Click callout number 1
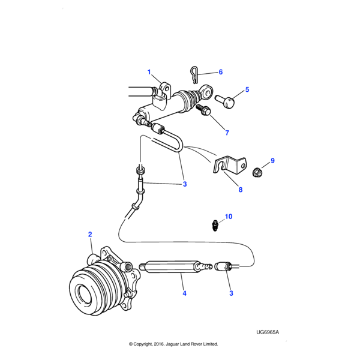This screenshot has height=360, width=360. click(x=149, y=73)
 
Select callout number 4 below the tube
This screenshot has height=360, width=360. click(x=184, y=293)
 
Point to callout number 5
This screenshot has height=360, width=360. click(x=247, y=90)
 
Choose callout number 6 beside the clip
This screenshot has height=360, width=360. click(x=220, y=72)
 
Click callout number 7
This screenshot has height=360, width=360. click(x=227, y=131)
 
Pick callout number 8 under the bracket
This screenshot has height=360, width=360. click(x=241, y=190)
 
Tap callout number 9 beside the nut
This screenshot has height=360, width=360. click(x=272, y=161)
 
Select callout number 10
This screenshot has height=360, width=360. click(x=228, y=216)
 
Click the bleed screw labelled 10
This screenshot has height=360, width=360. click(x=215, y=226)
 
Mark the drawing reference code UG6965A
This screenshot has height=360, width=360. click(x=268, y=332)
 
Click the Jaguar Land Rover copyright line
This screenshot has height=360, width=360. click(x=173, y=344)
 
